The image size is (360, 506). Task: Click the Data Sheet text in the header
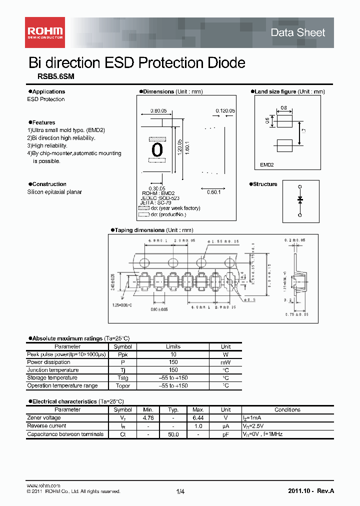(297, 32)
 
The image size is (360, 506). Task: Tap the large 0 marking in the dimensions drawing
(157, 149)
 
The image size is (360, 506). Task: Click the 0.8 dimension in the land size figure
(283, 108)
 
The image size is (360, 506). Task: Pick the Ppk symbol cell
(122, 354)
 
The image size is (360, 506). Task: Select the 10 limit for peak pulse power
(173, 354)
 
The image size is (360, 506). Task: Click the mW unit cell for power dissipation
(225, 362)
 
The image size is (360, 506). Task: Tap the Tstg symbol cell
(122, 378)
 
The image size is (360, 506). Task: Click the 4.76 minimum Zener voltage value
(148, 417)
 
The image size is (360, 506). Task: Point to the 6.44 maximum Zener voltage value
(198, 417)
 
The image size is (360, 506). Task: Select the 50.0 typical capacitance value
(173, 434)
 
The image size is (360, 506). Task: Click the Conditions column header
(287, 409)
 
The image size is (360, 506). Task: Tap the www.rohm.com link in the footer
(43, 485)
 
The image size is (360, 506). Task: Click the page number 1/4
(180, 492)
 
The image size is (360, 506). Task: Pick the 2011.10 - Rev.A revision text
(311, 491)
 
